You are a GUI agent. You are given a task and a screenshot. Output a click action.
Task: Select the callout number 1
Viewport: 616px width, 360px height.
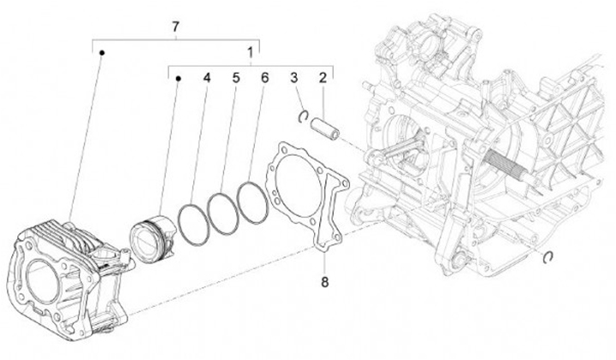click(250, 53)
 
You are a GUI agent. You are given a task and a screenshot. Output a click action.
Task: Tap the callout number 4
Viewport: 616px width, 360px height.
click(206, 79)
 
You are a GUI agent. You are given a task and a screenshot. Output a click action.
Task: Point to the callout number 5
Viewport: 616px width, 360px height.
click(235, 79)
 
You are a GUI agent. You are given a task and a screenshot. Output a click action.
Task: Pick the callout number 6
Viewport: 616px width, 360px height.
click(264, 79)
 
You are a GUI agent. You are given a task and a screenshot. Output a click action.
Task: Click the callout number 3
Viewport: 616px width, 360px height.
click(293, 79)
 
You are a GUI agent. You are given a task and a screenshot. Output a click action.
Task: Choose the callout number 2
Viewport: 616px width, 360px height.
click(323, 79)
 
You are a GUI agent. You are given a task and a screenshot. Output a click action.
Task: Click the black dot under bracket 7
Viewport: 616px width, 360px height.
click(101, 53)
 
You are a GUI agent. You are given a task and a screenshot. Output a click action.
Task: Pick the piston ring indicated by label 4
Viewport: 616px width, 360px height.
click(195, 218)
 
